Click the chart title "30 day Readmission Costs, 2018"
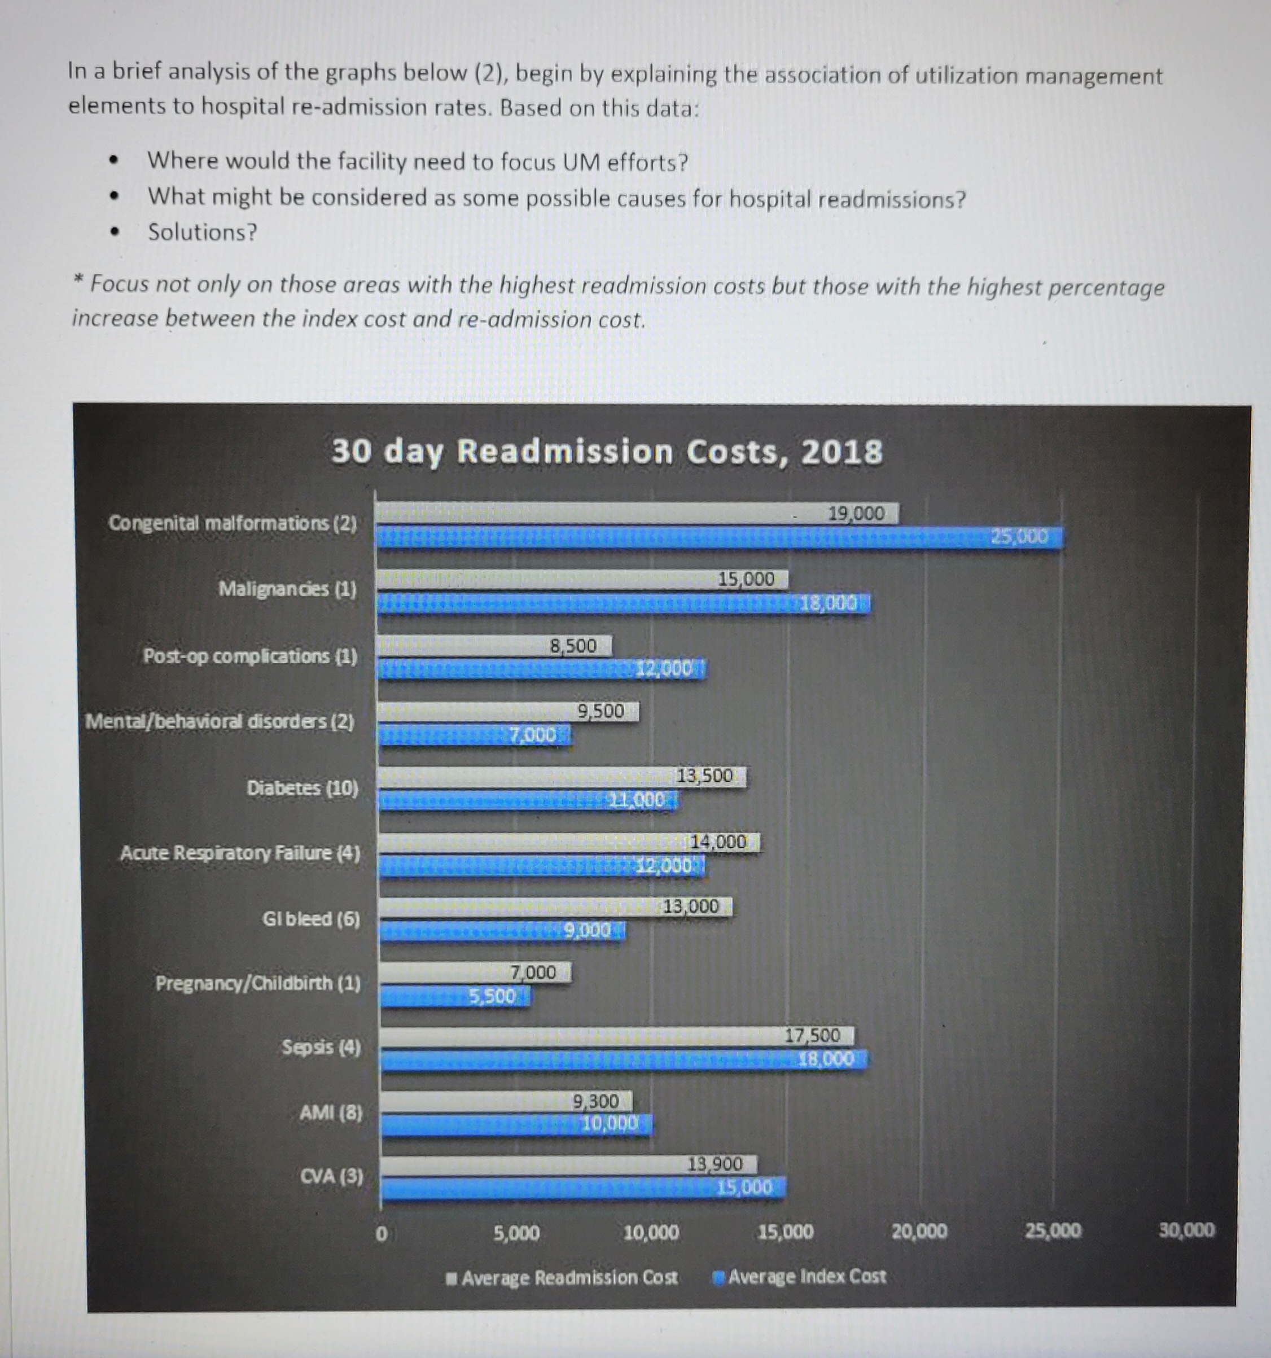point(607,452)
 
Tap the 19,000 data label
point(856,514)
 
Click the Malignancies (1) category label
point(287,588)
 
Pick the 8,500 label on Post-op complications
point(573,646)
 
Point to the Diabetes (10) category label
point(302,788)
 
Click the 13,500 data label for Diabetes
point(704,776)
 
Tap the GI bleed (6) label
point(311,919)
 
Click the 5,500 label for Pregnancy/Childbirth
point(492,997)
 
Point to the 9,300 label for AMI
point(595,1101)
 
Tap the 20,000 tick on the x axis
point(919,1232)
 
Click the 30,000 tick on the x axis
point(1187,1230)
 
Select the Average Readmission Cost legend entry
point(562,1277)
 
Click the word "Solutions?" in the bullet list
point(203,232)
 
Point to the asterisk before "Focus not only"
point(79,281)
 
